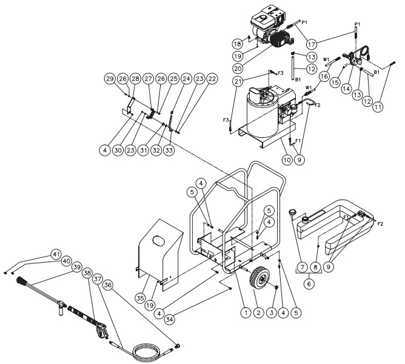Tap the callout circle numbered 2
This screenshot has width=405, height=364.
[260, 312]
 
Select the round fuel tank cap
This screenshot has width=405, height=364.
[293, 212]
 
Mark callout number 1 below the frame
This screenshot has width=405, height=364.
[245, 312]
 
